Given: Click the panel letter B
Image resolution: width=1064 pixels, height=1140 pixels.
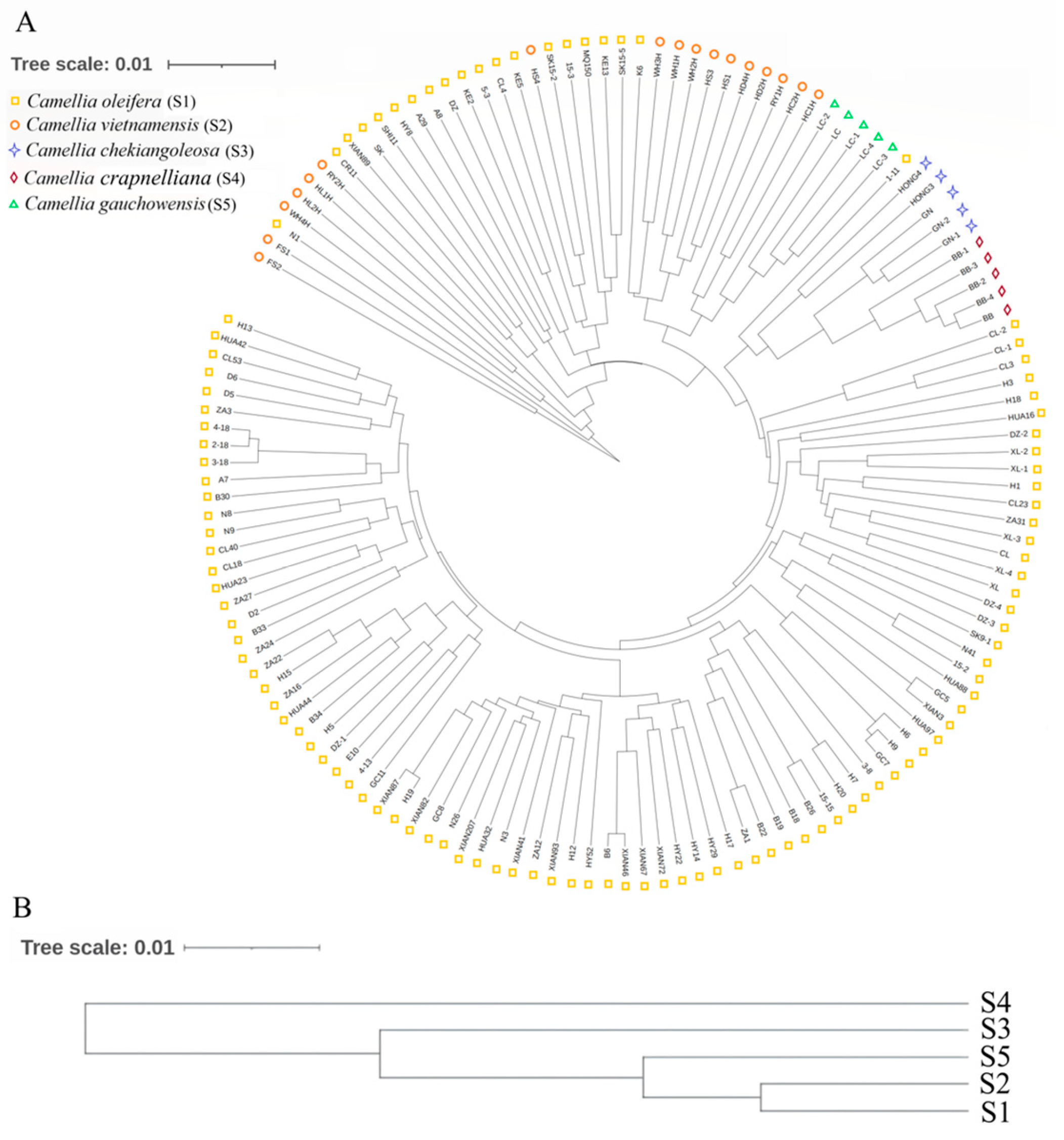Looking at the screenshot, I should pyautogui.click(x=22, y=908).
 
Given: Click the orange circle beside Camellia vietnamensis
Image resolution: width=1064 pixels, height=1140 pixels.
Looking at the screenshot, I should pyautogui.click(x=16, y=125).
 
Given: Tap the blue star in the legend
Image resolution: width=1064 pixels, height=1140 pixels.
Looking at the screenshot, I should pyautogui.click(x=16, y=151).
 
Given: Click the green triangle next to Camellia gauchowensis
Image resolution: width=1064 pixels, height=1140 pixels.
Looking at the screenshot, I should pyautogui.click(x=15, y=203).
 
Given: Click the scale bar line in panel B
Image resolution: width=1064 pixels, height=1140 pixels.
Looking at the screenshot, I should pyautogui.click(x=251, y=948).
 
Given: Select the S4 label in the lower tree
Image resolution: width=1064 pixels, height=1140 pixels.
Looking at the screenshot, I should pyautogui.click(x=995, y=1003).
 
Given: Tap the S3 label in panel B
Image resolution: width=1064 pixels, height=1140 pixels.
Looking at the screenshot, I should pyautogui.click(x=995, y=1030).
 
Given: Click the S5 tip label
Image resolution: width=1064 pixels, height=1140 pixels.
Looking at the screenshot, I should pyautogui.click(x=995, y=1057).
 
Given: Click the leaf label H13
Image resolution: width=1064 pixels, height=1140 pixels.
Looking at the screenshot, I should pyautogui.click(x=245, y=327).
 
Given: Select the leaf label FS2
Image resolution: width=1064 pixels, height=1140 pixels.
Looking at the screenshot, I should pyautogui.click(x=274, y=265).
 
